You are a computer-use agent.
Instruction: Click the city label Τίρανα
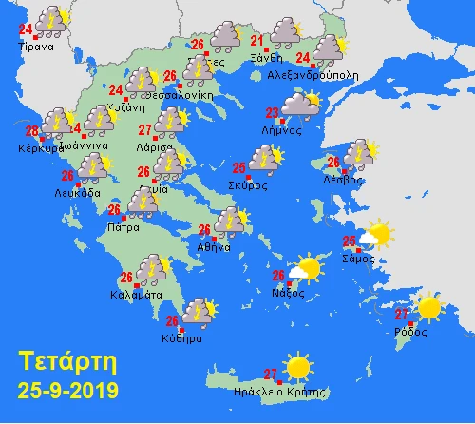42,44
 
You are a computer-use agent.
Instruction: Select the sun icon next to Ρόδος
429,307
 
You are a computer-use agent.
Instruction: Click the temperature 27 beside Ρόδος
402,315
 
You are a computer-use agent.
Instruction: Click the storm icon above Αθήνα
230,222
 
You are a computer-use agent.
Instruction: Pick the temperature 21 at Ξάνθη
256,40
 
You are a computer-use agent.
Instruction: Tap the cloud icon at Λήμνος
300,104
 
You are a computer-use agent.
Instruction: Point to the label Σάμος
366,258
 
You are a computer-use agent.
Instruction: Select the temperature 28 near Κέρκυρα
31,132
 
